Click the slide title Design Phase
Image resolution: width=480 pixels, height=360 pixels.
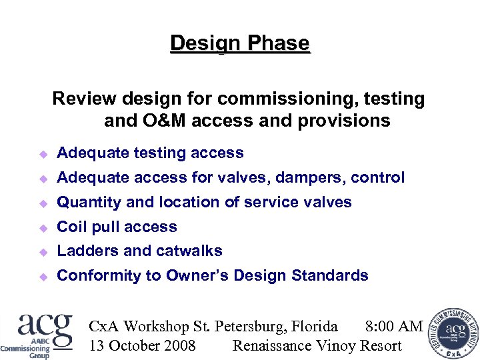click(240, 44)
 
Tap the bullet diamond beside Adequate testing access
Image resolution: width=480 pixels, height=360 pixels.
click(43, 154)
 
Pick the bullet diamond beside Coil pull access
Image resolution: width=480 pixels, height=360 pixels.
click(43, 227)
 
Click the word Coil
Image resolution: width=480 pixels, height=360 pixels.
click(71, 227)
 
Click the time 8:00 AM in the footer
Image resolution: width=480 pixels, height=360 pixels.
click(394, 327)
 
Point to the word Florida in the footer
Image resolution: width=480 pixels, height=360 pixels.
click(313, 327)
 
